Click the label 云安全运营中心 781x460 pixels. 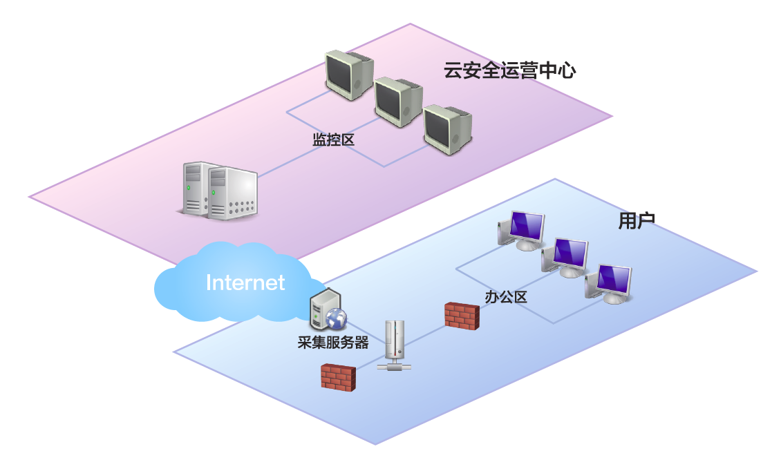509,70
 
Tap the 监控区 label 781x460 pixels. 333,140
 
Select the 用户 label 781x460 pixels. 637,220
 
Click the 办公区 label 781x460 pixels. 506,297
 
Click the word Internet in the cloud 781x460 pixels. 245,282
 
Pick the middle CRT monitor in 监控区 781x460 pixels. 398,101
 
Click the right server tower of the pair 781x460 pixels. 232,193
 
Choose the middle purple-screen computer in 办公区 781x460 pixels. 565,257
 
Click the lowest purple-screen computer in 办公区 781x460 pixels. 609,283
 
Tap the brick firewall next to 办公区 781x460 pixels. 461,314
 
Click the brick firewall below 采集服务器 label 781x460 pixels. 338,376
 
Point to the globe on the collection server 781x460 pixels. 337,318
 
